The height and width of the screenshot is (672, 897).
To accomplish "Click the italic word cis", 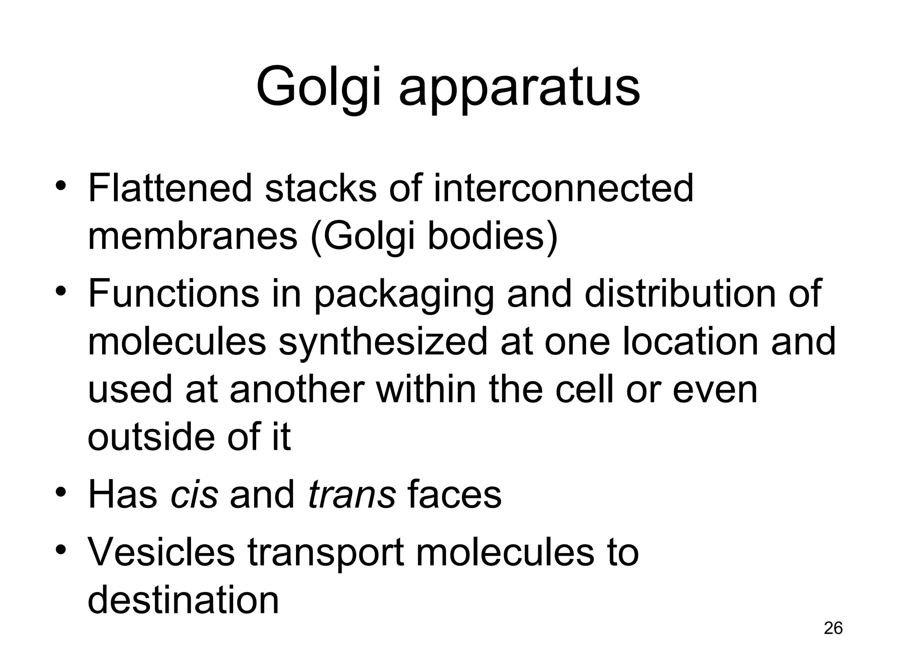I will [194, 495].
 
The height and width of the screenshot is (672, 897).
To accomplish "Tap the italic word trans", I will [352, 495].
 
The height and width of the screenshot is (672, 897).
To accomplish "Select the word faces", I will [455, 495].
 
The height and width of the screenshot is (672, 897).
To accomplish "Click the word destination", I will [183, 600].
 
